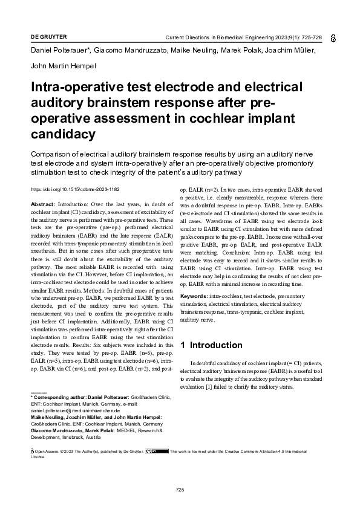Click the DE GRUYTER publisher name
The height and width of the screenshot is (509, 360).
pos(48,37)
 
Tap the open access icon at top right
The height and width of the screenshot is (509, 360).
pos(333,37)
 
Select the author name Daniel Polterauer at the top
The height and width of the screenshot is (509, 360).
pos(59,51)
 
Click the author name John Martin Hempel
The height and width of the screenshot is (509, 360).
pos(62,65)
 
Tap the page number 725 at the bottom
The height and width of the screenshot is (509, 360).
pos(180,489)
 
